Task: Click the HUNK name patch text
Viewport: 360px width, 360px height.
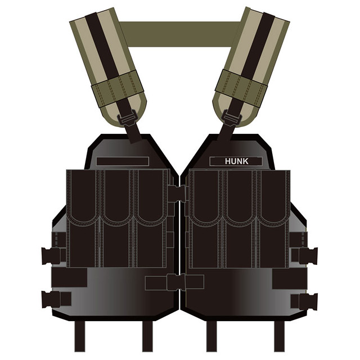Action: point(236,161)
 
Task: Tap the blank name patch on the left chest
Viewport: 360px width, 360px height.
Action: point(123,161)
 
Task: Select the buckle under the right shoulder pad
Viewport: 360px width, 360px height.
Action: point(232,118)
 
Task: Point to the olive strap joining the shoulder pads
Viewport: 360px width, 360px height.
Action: point(180,34)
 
